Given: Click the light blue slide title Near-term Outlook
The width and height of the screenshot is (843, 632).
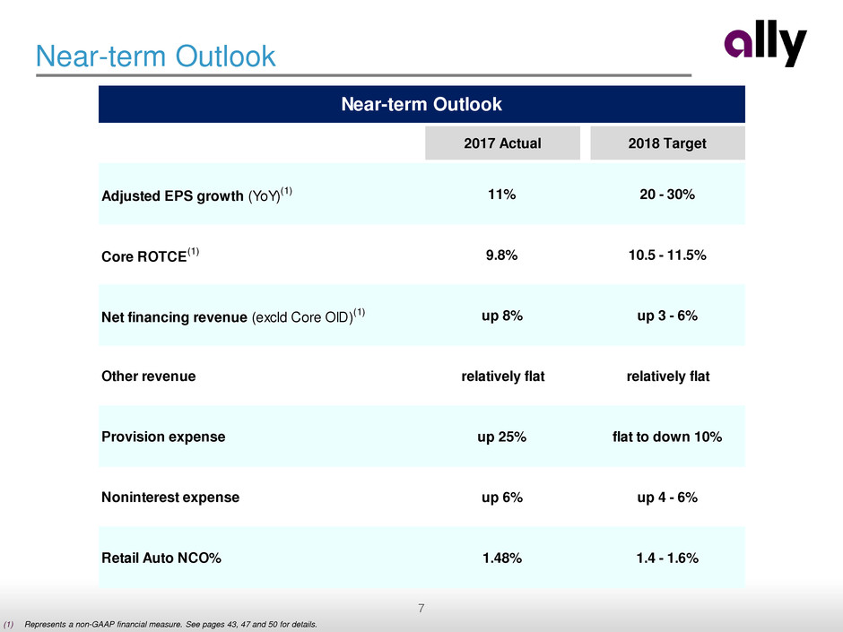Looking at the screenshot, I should click(x=155, y=56).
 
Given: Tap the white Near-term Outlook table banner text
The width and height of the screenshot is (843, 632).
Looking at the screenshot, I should click(x=421, y=105).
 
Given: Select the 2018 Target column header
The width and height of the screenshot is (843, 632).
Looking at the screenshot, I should click(x=663, y=143).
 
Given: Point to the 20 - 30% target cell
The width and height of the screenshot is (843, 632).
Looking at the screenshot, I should click(x=663, y=195).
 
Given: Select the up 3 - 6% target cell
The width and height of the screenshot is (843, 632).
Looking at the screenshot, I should click(x=663, y=316).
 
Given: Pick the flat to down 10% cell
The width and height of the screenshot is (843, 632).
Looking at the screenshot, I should click(x=663, y=437).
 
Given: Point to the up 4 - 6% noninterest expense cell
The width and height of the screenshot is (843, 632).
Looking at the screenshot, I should click(x=663, y=497).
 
